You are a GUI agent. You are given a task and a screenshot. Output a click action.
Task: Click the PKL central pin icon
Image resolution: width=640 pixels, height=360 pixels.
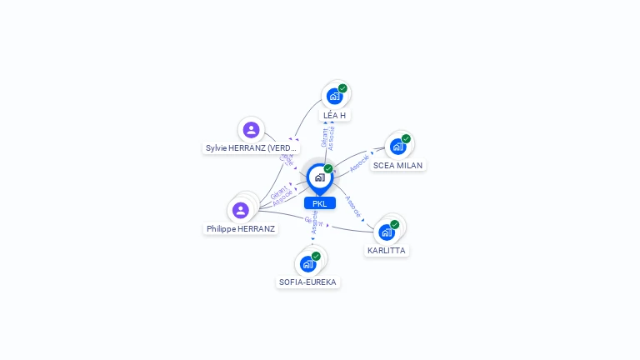[319, 177]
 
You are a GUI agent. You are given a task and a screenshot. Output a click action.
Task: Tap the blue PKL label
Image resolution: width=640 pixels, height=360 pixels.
[320, 203]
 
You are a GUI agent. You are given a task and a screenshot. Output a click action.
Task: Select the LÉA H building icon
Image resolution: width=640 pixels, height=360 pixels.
[334, 96]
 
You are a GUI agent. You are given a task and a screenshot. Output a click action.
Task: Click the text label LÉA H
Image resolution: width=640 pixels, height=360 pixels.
[334, 115]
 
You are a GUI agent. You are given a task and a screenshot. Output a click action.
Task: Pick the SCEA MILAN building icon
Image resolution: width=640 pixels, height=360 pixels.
[397, 147]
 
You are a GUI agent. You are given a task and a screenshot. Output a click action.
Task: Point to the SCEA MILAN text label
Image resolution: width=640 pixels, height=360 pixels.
[397, 165]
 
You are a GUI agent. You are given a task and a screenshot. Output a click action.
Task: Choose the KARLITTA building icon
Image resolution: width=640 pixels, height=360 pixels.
[386, 232]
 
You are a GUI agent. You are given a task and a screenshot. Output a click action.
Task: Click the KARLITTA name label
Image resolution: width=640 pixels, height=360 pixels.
[387, 250]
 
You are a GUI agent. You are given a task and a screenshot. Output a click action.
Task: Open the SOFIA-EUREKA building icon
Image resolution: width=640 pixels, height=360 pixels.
[307, 264]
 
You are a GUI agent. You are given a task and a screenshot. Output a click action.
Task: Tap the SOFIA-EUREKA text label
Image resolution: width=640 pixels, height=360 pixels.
[307, 282]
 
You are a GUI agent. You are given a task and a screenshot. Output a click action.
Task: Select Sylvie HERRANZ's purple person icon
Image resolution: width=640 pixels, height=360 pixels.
[251, 130]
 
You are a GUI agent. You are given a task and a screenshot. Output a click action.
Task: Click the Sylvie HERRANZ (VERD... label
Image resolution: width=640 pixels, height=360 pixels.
[251, 148]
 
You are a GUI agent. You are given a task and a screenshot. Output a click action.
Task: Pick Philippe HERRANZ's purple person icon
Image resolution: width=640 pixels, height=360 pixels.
[241, 210]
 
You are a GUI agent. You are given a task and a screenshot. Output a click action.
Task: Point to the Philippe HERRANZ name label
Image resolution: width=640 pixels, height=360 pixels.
[241, 228]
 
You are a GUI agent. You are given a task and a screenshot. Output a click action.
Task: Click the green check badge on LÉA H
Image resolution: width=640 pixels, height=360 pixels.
[342, 88]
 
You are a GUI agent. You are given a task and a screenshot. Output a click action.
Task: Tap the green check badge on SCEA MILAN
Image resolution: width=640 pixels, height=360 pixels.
[406, 138]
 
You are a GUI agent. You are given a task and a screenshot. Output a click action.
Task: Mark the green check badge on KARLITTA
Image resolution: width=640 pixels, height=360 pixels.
[394, 224]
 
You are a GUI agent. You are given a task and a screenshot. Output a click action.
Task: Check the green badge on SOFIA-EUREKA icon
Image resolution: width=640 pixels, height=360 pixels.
[316, 256]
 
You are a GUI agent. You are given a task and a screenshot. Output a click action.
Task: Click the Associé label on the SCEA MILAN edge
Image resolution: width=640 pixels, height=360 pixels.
[360, 162]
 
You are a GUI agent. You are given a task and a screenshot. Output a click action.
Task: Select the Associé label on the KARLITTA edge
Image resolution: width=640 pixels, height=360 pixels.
[352, 207]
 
